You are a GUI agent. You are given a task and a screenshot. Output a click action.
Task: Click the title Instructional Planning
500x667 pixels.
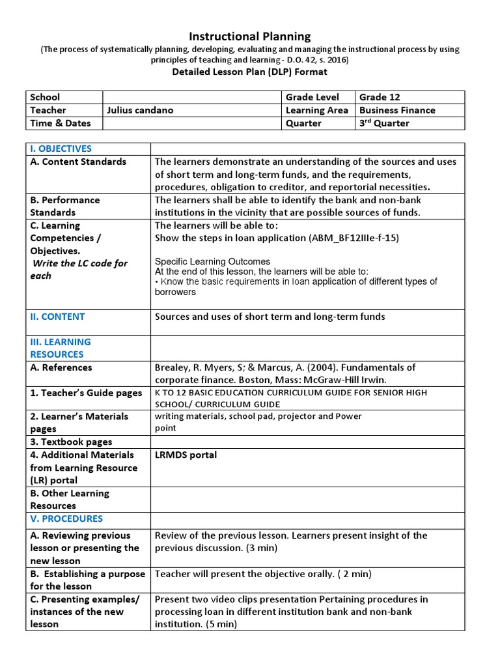(x=249, y=36)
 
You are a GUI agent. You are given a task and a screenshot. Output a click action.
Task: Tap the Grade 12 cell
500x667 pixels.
(x=380, y=97)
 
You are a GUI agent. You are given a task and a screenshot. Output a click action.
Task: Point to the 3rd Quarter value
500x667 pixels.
(x=384, y=123)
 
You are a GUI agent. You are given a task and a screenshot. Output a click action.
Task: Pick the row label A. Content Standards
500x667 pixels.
(x=78, y=162)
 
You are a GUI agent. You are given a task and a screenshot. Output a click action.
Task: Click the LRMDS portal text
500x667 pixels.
(x=186, y=455)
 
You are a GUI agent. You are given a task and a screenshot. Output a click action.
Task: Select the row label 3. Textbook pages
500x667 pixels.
(x=71, y=442)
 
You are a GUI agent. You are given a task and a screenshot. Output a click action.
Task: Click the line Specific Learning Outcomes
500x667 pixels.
(x=212, y=261)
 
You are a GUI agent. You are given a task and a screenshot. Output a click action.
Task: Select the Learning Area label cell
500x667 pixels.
(x=316, y=110)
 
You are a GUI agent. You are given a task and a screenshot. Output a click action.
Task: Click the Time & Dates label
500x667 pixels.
(x=61, y=123)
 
